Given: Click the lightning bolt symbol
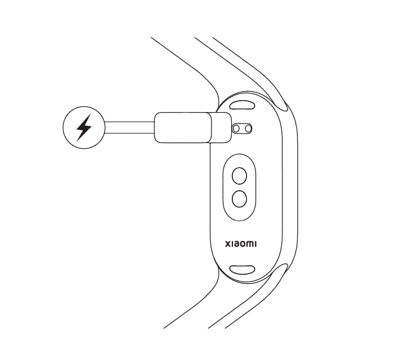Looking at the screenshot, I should pos(85,126).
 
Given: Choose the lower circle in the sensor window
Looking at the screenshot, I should pos(240,198).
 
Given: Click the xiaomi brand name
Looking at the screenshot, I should pos(241,243).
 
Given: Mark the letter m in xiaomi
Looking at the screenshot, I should pos(250,243).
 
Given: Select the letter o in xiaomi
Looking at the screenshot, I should pos(244,243).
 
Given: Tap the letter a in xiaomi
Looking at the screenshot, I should pos(237,243).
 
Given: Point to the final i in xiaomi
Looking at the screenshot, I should pos(256,243).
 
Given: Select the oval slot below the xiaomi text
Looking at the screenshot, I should pos(243,270).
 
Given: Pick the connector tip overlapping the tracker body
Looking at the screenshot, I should pos(222,127).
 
